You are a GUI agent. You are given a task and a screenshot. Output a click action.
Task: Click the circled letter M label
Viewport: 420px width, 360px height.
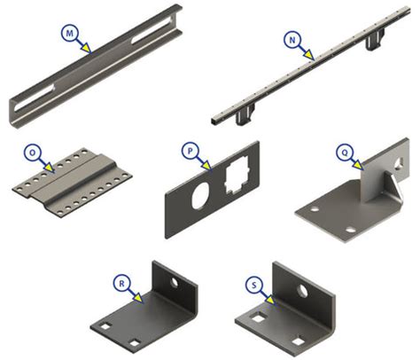70,34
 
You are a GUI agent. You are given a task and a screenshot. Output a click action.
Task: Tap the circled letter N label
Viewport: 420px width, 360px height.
292,40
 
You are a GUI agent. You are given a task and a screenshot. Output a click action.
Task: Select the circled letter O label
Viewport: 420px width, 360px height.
33,153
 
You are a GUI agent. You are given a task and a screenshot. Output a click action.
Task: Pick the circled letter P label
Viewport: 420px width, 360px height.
191,151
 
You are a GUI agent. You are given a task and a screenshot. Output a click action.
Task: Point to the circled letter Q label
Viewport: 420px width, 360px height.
345,153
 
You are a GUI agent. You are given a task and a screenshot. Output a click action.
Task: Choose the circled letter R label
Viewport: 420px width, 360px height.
121,284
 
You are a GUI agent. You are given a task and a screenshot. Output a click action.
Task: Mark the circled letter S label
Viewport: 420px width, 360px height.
254,285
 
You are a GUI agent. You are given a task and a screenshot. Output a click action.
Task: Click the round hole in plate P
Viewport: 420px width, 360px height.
201,195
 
